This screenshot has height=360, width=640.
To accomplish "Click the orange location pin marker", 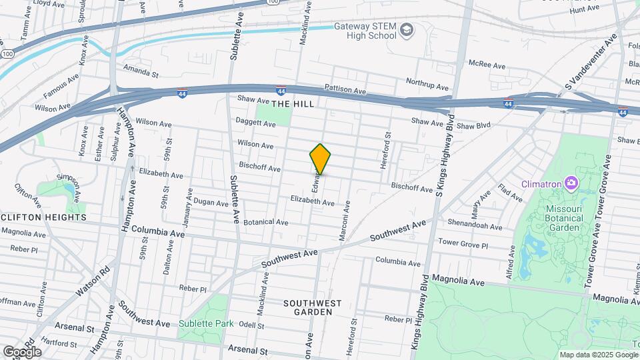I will pos(321,159).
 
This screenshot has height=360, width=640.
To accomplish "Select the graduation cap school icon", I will pos(407,30).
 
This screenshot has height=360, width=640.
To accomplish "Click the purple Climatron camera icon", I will pos(571,183).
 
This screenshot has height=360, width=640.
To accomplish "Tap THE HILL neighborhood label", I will pos(292,105).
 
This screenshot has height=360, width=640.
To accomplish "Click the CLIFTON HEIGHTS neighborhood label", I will pos(43,217).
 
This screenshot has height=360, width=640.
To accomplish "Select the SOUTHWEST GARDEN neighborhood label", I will pos(312,307).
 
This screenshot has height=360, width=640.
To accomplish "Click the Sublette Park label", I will pos(206,324).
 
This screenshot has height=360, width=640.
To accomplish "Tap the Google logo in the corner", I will pos(22,351).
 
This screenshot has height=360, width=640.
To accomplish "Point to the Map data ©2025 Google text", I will pos(597,355).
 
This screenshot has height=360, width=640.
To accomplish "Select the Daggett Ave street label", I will pos(255,123).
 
